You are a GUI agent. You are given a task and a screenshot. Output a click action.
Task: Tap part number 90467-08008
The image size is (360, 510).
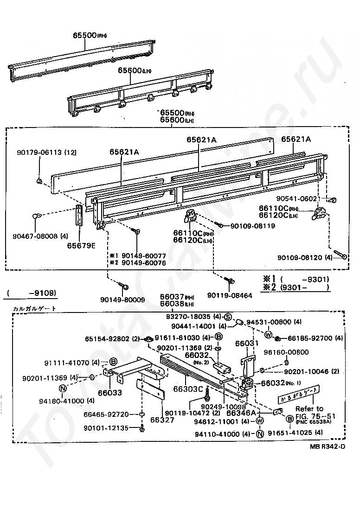click(37, 236)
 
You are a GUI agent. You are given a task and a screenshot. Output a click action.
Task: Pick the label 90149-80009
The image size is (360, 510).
click(122, 300)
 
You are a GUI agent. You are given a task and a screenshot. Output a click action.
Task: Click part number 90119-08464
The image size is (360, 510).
click(229, 295)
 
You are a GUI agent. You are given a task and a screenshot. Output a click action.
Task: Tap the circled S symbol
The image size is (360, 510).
click(228, 317)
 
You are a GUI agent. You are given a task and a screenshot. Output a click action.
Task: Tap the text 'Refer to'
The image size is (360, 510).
click(309, 408)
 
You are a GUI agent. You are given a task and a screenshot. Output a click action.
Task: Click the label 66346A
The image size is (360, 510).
click(241, 412)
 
